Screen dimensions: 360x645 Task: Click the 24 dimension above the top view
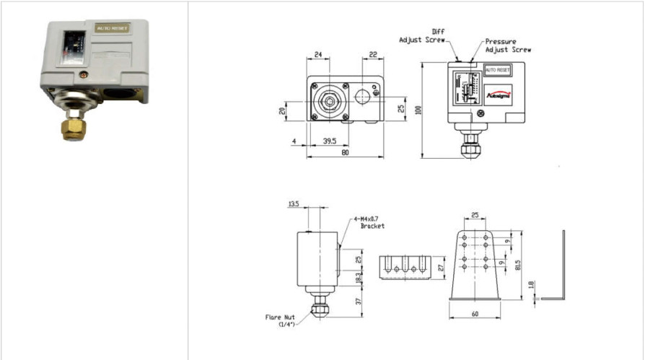pyautogui.click(x=317, y=54)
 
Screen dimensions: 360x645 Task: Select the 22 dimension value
pyautogui.click(x=374, y=54)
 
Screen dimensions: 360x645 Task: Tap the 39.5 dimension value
pyautogui.click(x=329, y=142)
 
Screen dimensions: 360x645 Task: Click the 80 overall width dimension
pyautogui.click(x=345, y=152)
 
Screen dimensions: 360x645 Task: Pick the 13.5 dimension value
pyautogui.click(x=294, y=204)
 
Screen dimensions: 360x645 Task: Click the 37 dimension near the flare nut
pyautogui.click(x=359, y=301)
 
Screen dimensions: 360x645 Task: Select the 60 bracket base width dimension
pyautogui.click(x=474, y=315)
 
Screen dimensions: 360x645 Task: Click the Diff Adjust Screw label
pyautogui.click(x=423, y=36)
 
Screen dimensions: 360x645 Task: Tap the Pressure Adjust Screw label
pyautogui.click(x=508, y=45)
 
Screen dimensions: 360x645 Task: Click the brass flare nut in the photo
pyautogui.click(x=72, y=128)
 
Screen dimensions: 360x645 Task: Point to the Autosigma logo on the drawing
pyautogui.click(x=499, y=92)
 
